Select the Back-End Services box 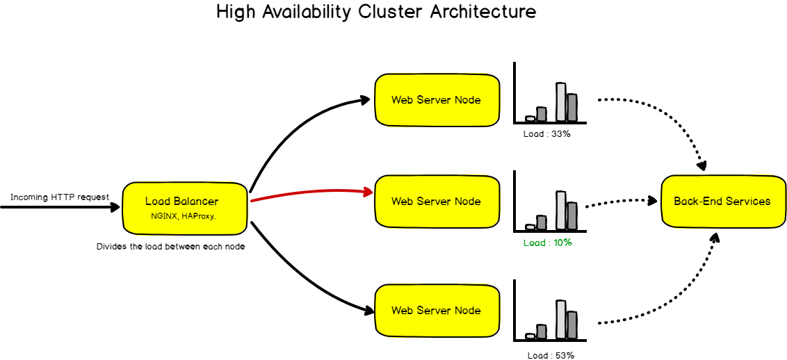[x=722, y=202]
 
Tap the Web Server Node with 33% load [x=436, y=99]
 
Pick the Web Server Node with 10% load [x=436, y=202]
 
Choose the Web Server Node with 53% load [x=436, y=310]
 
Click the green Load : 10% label [x=547, y=243]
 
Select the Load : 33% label [x=546, y=133]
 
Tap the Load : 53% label [x=551, y=355]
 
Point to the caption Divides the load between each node [x=170, y=247]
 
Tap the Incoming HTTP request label [x=60, y=197]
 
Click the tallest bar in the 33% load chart [x=561, y=103]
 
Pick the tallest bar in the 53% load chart [x=561, y=320]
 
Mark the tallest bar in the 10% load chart [x=561, y=211]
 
